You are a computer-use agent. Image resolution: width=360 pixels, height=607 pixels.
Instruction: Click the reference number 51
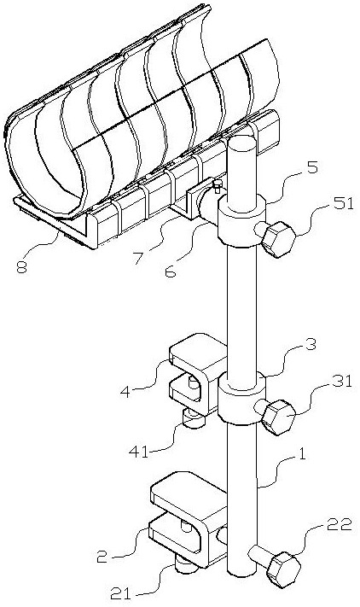tap(343, 204)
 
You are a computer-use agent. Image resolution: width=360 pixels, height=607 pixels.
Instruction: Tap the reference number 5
tap(312, 168)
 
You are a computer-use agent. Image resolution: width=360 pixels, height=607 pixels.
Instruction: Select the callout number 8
tap(21, 267)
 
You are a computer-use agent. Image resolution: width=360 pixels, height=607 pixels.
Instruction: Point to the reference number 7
tap(139, 258)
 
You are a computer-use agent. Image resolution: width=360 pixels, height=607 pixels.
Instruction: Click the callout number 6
tap(170, 271)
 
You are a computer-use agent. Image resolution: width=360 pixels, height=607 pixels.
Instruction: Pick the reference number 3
tap(311, 344)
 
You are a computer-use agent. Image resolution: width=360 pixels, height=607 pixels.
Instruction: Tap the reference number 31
tap(342, 382)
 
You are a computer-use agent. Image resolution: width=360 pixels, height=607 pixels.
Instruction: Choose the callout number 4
tap(125, 391)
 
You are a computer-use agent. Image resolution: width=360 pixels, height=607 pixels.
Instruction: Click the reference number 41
tap(139, 452)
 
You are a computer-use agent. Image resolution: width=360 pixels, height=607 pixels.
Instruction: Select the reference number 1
tap(301, 453)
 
